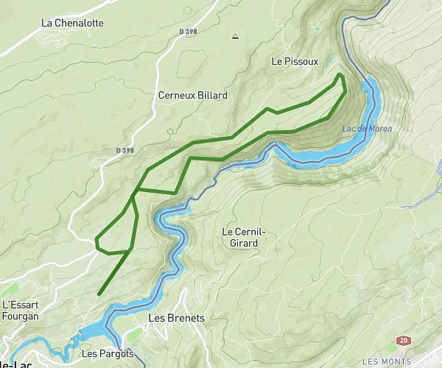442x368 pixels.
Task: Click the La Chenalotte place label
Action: [72, 23]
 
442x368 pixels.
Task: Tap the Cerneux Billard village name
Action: [193, 96]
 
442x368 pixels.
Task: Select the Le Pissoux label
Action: [295, 62]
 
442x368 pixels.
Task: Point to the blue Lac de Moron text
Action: [367, 129]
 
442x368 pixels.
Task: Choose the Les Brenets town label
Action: [176, 319]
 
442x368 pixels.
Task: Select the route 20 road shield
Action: [402, 340]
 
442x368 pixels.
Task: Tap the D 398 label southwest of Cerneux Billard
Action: [125, 150]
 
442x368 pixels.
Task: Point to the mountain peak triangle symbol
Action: [235, 35]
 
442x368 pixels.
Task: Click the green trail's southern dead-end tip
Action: [99, 294]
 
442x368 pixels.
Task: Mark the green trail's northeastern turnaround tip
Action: [340, 74]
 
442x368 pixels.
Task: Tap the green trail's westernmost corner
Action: [97, 238]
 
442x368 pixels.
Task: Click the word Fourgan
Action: [20, 316]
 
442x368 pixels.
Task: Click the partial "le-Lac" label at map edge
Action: [9, 364]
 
